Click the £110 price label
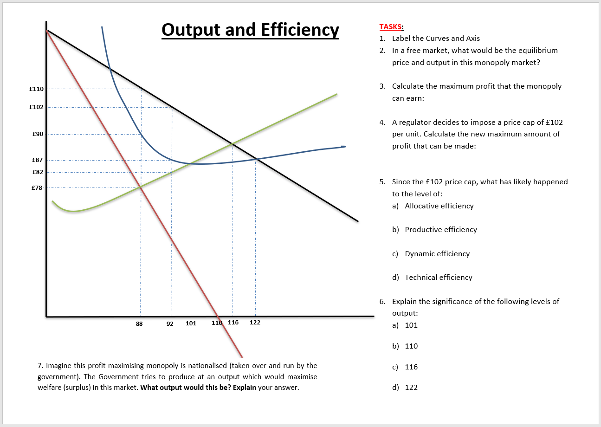[x=37, y=89]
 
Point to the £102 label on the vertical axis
[x=37, y=107]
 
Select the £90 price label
[x=38, y=134]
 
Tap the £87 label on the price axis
[x=38, y=160]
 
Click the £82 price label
[x=38, y=172]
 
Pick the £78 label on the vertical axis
[x=38, y=188]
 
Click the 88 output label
[x=139, y=323]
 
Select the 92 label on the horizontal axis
[x=170, y=323]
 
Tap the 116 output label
[x=233, y=323]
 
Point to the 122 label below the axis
[x=255, y=323]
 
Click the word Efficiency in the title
[x=300, y=30]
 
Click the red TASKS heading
[x=391, y=27]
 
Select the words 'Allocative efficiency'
[x=439, y=206]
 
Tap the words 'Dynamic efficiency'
[x=437, y=253]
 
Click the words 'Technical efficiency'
[x=439, y=277]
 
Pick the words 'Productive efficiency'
[x=441, y=229]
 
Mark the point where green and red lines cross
[x=140, y=187]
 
